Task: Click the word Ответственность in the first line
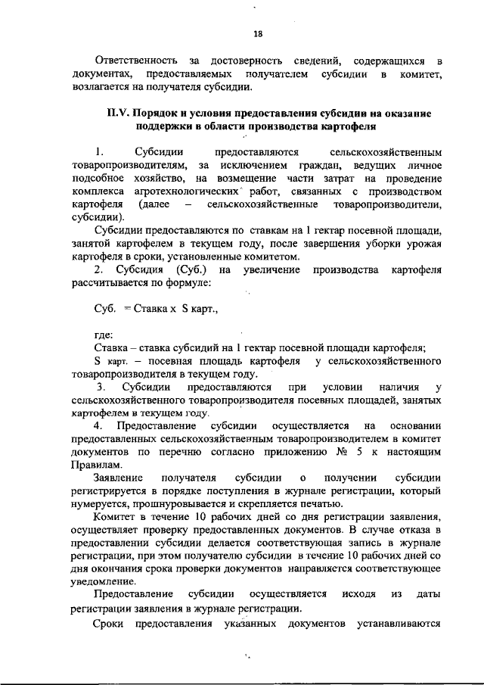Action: (x=135, y=60)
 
